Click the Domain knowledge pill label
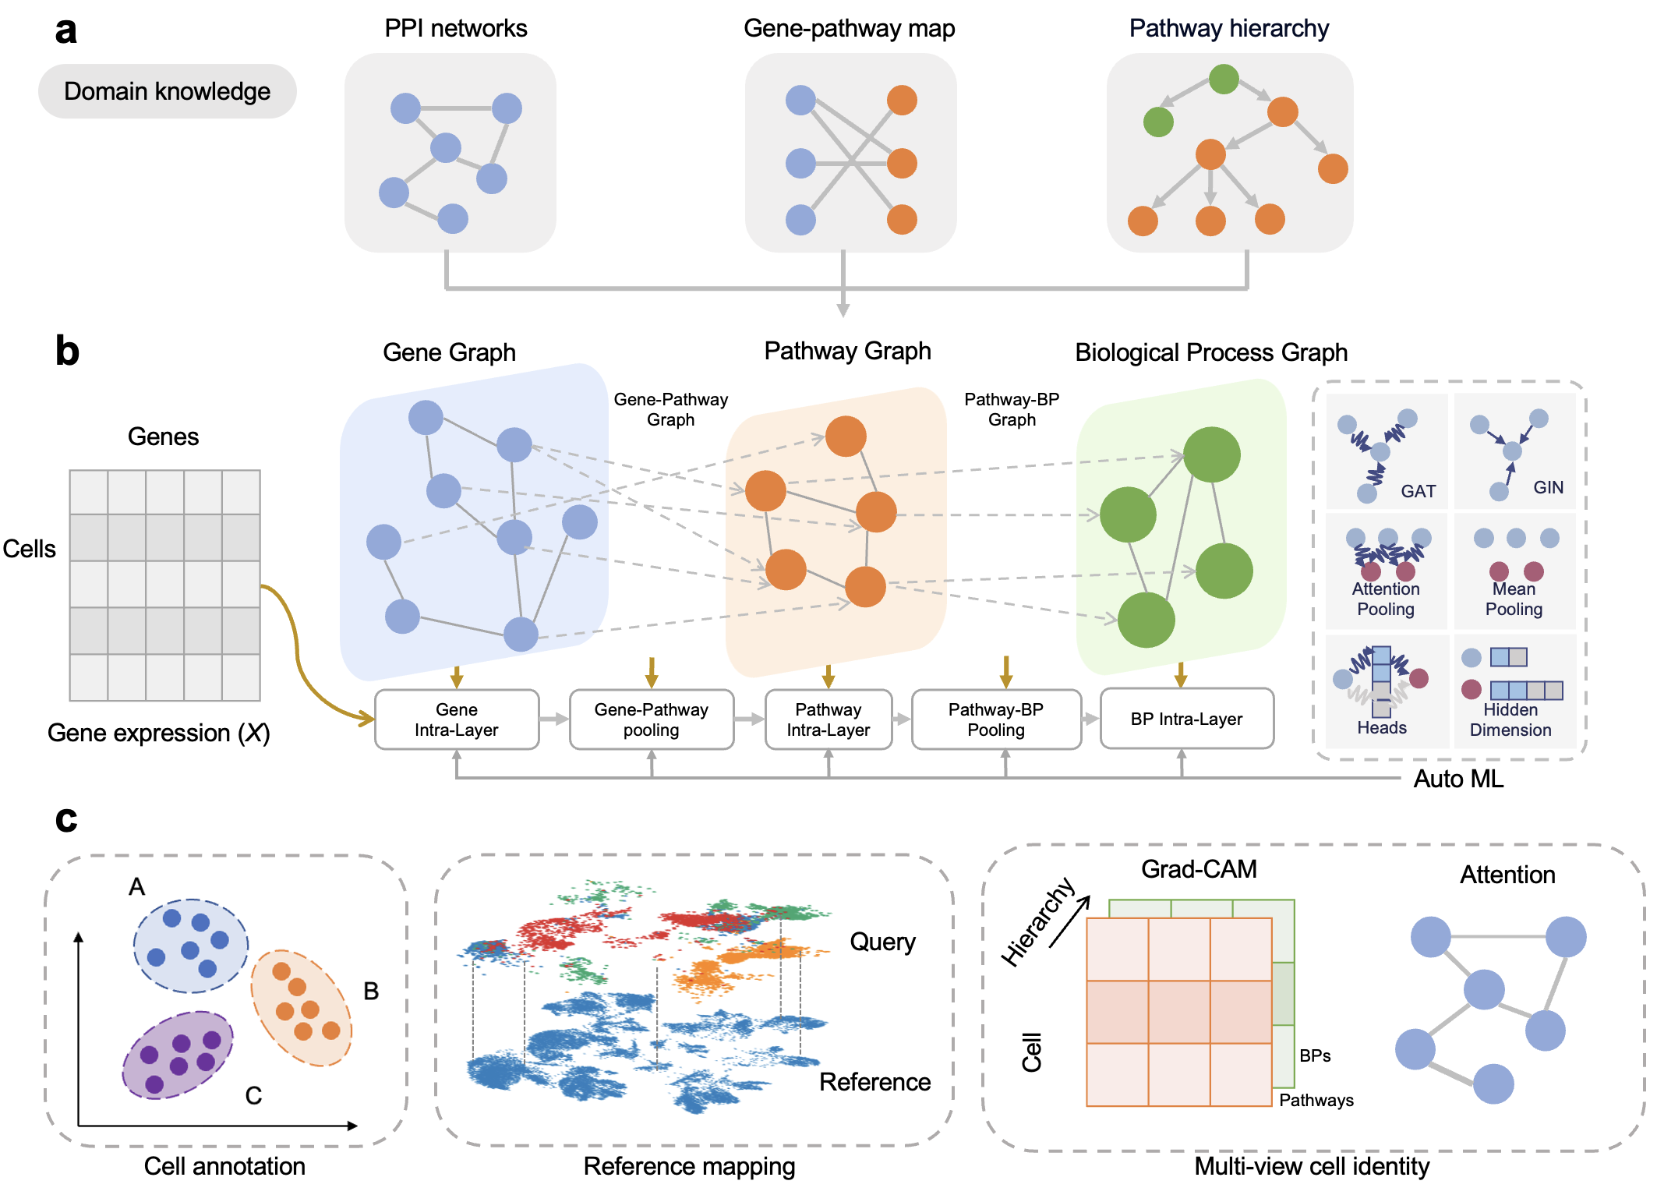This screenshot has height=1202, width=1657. (x=167, y=91)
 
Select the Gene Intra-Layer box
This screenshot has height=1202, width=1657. (x=457, y=719)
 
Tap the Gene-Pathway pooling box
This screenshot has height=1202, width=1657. (x=651, y=719)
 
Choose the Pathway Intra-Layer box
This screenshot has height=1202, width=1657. (x=828, y=719)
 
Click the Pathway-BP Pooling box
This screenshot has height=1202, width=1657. (x=995, y=719)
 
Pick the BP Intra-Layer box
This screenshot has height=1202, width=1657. (x=1186, y=719)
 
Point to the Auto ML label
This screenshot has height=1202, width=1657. (x=1458, y=779)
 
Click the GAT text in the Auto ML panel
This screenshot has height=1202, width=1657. (x=1418, y=491)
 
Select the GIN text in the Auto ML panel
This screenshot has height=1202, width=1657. (x=1548, y=487)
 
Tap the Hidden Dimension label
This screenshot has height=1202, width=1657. (x=1510, y=719)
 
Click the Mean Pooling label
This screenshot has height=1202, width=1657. (x=1514, y=599)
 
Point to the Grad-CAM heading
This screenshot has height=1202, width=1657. (x=1199, y=868)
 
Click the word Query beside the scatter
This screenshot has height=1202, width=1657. (x=882, y=942)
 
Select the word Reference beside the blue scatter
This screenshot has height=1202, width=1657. (x=874, y=1082)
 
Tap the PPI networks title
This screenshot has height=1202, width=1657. (x=456, y=28)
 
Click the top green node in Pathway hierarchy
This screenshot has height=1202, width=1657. (x=1224, y=79)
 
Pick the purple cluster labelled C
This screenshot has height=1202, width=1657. (x=178, y=1055)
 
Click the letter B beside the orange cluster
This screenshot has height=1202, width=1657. (x=371, y=991)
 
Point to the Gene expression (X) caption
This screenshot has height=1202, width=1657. (x=158, y=733)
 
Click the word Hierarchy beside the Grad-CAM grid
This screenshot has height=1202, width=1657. (x=1037, y=922)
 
